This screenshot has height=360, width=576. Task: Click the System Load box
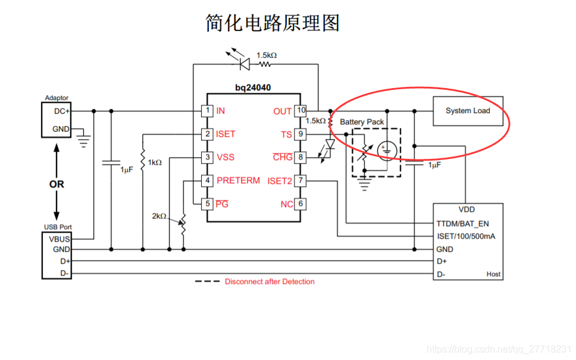[x=468, y=111]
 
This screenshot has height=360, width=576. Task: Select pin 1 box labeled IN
[x=207, y=111]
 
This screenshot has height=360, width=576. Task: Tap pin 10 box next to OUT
[x=301, y=111]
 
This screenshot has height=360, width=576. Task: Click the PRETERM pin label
[x=238, y=180]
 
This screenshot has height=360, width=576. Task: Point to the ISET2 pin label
[x=280, y=181]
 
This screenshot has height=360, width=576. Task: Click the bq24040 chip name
[x=253, y=87]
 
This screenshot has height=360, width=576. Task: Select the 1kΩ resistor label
[x=155, y=162]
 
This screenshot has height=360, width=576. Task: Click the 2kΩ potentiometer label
[x=159, y=216]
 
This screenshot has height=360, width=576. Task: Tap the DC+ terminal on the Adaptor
[x=61, y=111]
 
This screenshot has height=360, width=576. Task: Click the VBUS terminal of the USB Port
[x=60, y=239]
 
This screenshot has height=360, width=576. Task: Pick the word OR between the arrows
[x=57, y=184]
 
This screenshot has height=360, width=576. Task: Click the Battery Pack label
[x=362, y=122]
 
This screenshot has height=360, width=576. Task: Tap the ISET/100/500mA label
[x=466, y=236]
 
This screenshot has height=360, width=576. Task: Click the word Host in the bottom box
[x=493, y=274]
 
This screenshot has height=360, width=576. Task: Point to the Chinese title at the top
[x=273, y=23]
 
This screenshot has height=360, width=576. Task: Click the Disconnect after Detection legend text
[x=270, y=281]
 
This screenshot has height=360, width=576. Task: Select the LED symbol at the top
[x=243, y=62]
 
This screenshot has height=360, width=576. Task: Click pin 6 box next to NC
[x=301, y=204]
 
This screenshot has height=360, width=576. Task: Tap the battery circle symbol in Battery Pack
[x=386, y=151]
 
